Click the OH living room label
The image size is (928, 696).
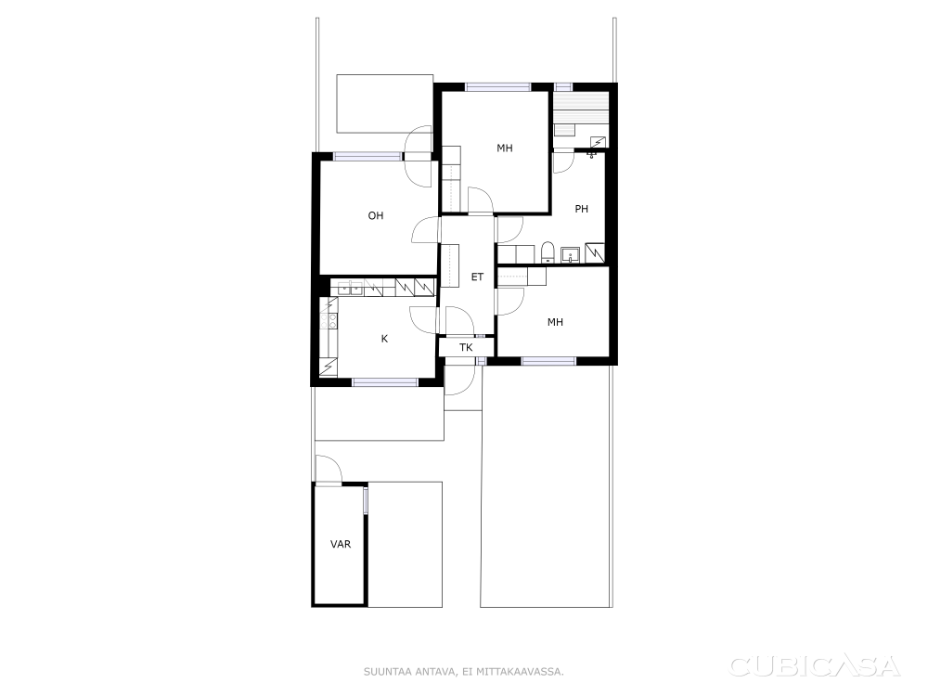(x=376, y=215)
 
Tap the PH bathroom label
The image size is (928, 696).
(x=581, y=208)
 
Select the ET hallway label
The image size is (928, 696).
(x=477, y=277)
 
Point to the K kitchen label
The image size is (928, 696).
(x=385, y=339)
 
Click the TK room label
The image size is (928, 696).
(x=466, y=347)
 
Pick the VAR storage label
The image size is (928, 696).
(x=341, y=544)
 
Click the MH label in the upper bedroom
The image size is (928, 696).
(x=505, y=148)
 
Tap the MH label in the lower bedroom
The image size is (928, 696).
(x=555, y=322)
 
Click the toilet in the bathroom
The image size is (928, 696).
(x=548, y=252)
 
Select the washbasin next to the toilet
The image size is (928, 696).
(x=571, y=254)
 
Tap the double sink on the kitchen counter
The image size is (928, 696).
(x=350, y=289)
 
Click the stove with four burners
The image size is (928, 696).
(x=329, y=320)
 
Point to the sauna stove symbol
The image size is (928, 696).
(x=599, y=142)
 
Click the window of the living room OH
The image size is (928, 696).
(x=368, y=156)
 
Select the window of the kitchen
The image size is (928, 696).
(x=386, y=382)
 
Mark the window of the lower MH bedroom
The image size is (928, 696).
(x=548, y=360)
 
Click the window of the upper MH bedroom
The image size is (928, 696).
(x=497, y=87)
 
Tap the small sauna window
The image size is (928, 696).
(x=563, y=87)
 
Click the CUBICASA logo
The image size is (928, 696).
(x=815, y=666)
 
